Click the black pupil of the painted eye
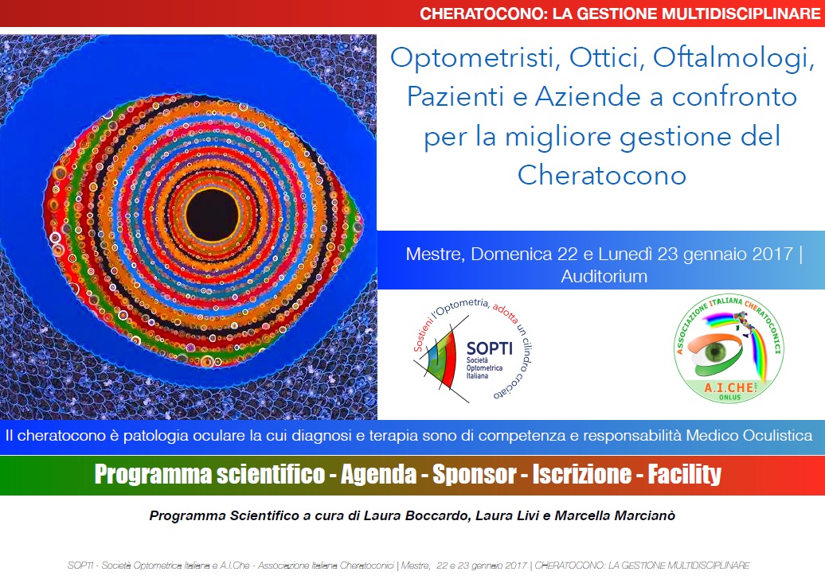pos(213,215)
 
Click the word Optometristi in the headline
pos(472,58)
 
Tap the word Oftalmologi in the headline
pos(733,59)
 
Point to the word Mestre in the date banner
pos(435,255)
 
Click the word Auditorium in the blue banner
pos(604,277)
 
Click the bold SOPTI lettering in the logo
pos(489,348)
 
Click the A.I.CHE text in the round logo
pos(729,387)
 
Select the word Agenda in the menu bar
pos(379,475)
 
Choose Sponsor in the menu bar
pos(474,474)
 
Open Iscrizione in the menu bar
pos(581,474)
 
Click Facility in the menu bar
pos(684,475)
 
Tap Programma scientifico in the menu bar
pos(209,475)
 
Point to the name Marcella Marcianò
pos(615,515)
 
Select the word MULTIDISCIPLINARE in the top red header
pos(741,14)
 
